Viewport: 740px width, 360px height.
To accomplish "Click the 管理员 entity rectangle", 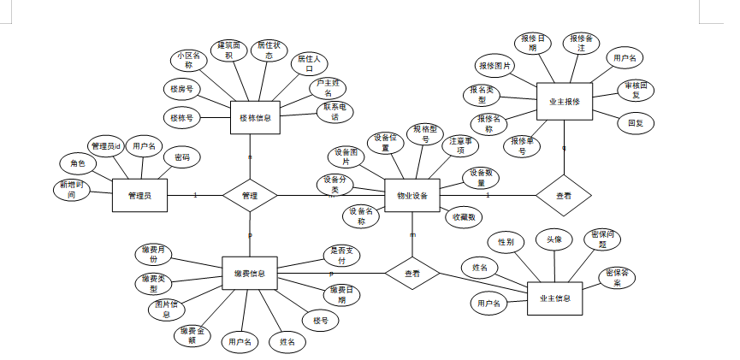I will click(x=139, y=196).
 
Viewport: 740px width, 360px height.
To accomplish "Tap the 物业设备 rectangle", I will click(x=412, y=196).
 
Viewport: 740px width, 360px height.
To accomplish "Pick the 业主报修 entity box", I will click(x=564, y=102).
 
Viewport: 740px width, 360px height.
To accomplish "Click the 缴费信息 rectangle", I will click(x=249, y=274).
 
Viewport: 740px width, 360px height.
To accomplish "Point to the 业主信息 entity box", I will click(x=555, y=298).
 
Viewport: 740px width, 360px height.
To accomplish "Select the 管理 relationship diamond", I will click(x=250, y=196).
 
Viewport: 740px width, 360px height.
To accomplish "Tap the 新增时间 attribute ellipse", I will click(x=72, y=190).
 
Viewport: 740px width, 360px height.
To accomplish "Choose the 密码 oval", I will click(x=181, y=158).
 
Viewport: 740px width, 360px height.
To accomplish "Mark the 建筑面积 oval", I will click(x=228, y=50).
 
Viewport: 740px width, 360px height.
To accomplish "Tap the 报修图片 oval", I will click(x=495, y=66).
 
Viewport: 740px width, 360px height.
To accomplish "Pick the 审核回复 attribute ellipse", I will click(x=635, y=91).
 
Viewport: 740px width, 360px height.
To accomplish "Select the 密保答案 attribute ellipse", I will click(x=617, y=277).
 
